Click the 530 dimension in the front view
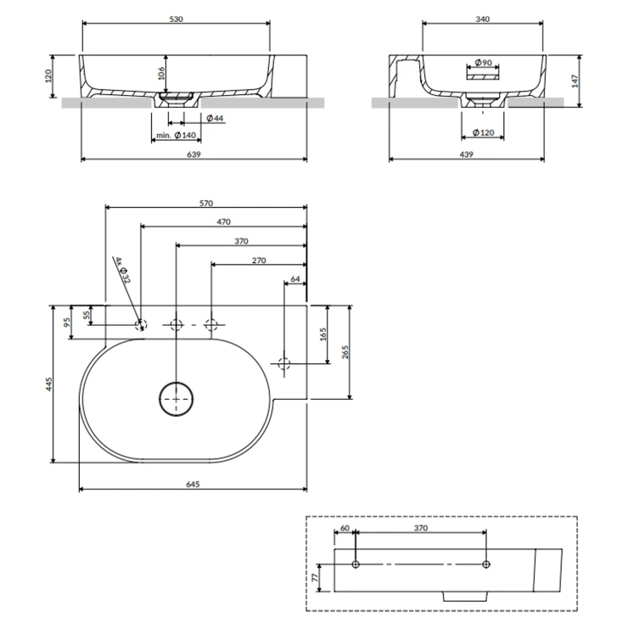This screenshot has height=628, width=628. (x=176, y=19)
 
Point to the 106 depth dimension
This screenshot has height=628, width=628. (x=161, y=74)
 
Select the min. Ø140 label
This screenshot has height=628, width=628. (x=175, y=136)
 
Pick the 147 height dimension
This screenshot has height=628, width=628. (x=575, y=81)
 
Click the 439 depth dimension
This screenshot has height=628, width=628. (x=465, y=154)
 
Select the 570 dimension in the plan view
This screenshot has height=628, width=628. (x=205, y=203)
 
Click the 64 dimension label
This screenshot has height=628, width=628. (x=295, y=278)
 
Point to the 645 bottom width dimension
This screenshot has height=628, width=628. (x=192, y=484)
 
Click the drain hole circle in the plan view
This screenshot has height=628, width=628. (x=177, y=398)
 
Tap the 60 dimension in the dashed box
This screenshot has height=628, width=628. (x=345, y=528)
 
